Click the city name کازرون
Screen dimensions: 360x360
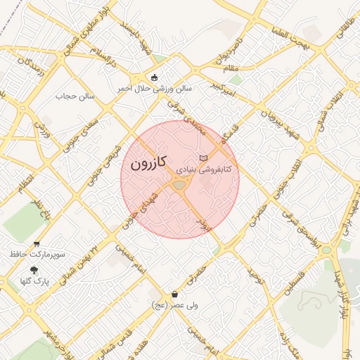(x=148, y=163)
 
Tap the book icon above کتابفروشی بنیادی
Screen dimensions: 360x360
(x=203, y=157)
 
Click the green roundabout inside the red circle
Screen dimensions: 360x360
(x=179, y=184)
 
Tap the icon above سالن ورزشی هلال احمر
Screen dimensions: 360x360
(x=155, y=77)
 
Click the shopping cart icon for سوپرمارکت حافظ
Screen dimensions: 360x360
(x=37, y=243)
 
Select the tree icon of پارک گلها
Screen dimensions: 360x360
(x=34, y=270)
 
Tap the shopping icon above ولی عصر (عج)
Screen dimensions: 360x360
(x=174, y=294)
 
